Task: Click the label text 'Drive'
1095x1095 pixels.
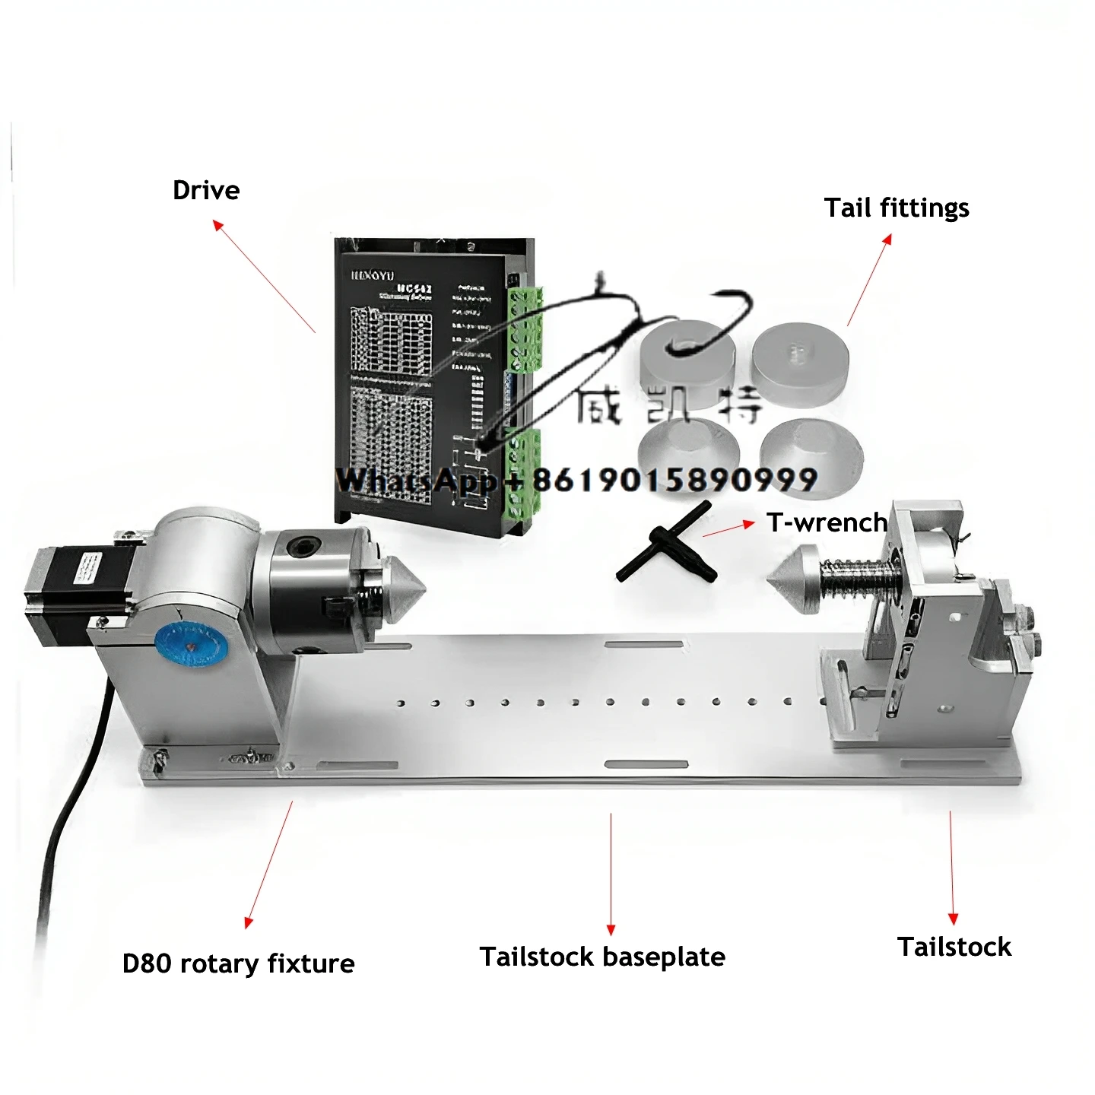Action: click(206, 190)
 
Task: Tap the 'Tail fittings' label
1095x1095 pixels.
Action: click(897, 208)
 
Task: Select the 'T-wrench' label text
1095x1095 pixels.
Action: click(827, 522)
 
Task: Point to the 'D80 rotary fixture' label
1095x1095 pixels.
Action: click(238, 963)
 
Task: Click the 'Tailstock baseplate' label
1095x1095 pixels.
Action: click(602, 957)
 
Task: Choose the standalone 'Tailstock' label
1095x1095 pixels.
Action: click(954, 947)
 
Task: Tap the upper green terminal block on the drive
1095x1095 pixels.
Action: click(525, 328)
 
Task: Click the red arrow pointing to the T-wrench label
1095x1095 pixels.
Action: click(728, 528)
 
